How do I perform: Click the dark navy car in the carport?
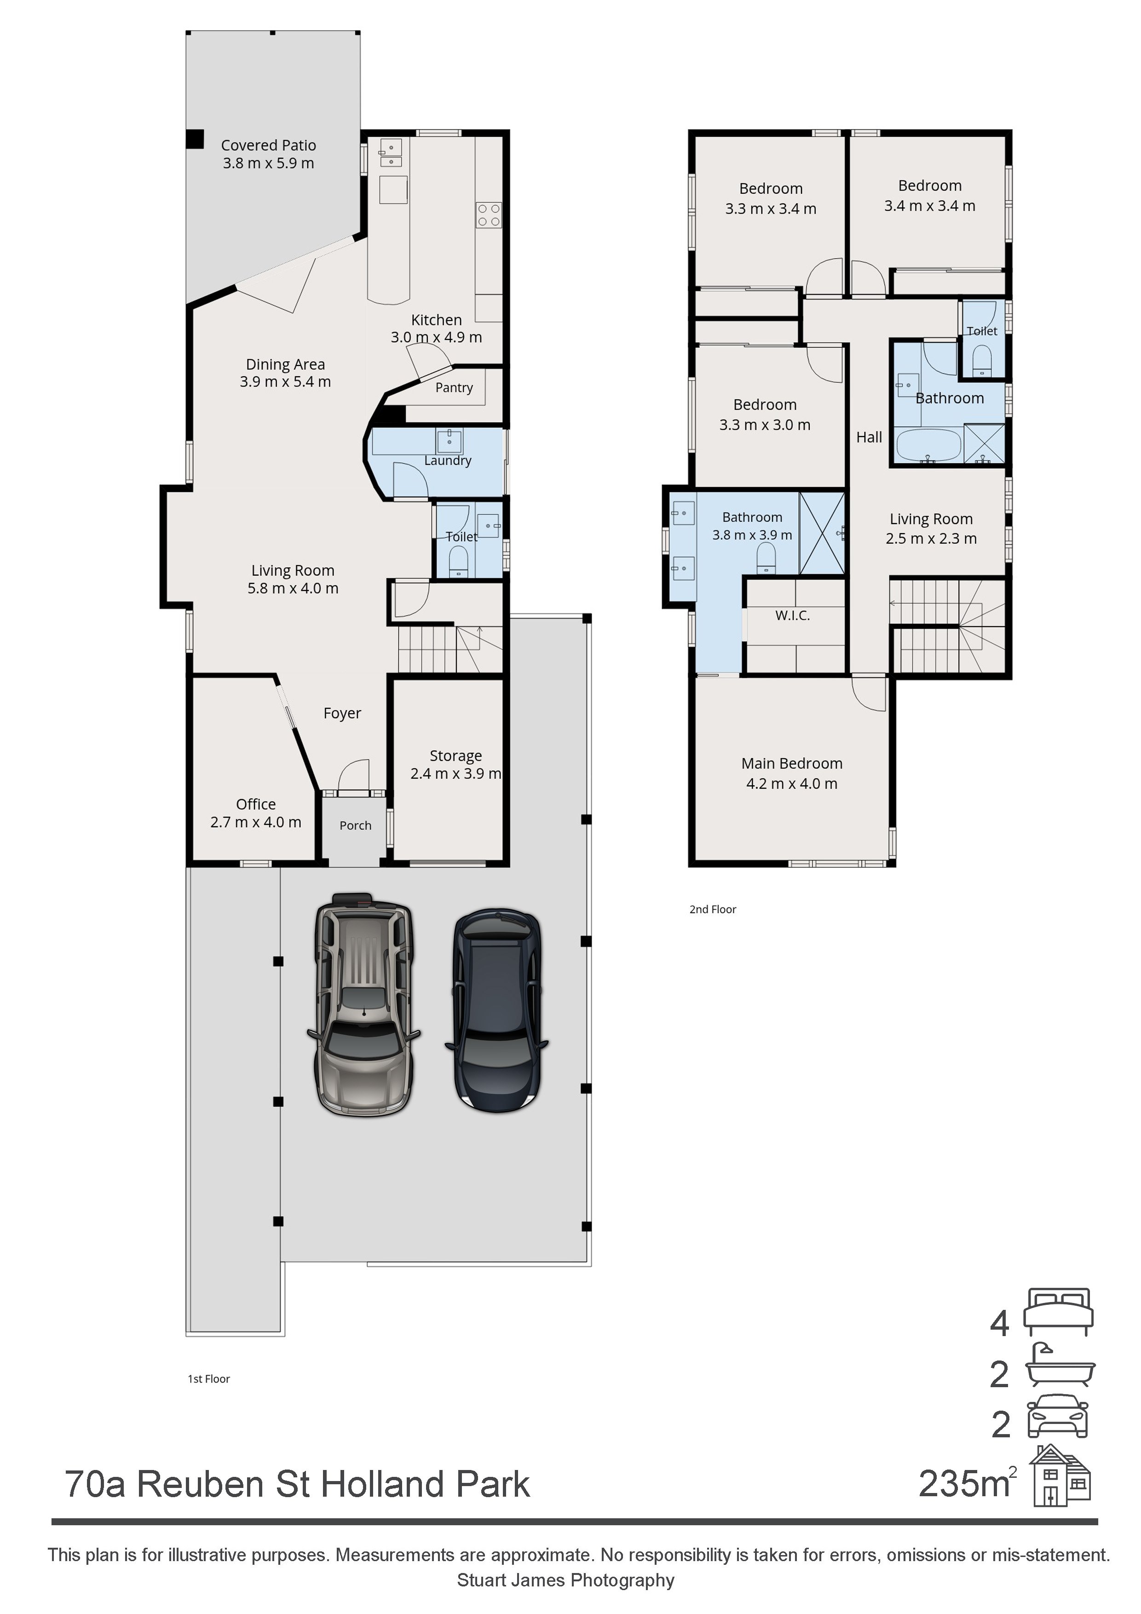click(497, 1010)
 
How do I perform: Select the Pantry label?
click(454, 387)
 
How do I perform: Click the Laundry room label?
click(448, 461)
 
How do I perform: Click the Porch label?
click(356, 825)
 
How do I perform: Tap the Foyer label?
click(342, 713)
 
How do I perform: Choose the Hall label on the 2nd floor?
click(869, 437)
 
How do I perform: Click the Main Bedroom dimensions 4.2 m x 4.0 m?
click(792, 784)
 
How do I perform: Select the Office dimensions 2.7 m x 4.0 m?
click(256, 822)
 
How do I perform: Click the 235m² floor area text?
click(968, 1483)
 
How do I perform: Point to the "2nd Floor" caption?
click(713, 909)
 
